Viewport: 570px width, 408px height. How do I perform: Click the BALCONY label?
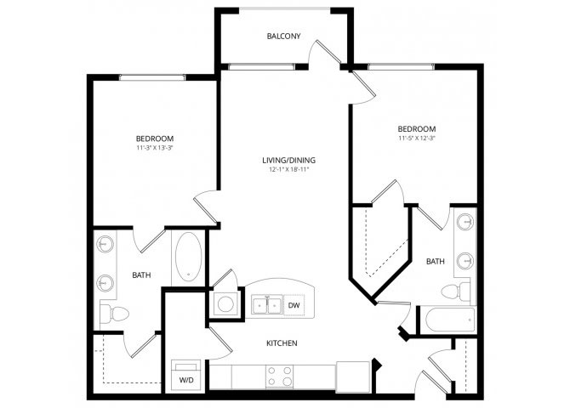tap(283, 36)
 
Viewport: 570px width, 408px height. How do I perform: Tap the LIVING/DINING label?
tap(288, 160)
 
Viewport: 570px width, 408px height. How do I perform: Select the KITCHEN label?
tap(282, 343)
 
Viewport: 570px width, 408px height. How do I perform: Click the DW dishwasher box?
tap(294, 305)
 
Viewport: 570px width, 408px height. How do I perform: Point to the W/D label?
tap(186, 380)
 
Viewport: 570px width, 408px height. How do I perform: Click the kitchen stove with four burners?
tap(279, 376)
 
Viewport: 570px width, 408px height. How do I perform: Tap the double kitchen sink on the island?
tap(267, 305)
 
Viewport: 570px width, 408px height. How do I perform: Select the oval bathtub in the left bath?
tap(188, 257)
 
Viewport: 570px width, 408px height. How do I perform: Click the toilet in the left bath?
tap(114, 314)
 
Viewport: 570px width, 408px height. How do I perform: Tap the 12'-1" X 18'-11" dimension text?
tap(289, 169)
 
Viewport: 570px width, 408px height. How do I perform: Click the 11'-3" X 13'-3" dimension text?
tap(155, 148)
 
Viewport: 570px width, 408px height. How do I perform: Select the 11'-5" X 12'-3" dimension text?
tap(417, 138)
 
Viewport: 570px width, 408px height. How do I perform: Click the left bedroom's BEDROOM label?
tap(155, 139)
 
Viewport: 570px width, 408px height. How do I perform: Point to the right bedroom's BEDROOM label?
tap(417, 128)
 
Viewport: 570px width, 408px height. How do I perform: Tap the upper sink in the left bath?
tap(105, 244)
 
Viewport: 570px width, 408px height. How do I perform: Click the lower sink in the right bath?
tap(465, 260)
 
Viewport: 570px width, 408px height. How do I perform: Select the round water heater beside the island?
tap(225, 304)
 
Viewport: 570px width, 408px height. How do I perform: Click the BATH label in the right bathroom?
tap(435, 261)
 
